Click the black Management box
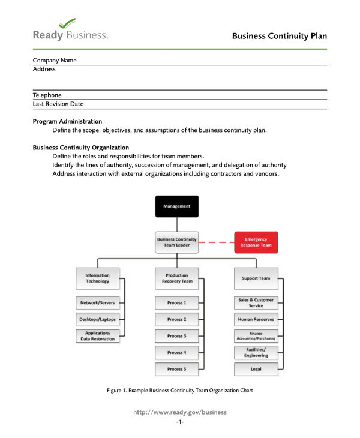[x=176, y=206]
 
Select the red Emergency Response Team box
[x=256, y=242]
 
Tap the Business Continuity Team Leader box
[x=176, y=242]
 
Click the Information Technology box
[x=97, y=278]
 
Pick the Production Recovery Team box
[x=176, y=278]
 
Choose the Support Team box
[x=256, y=278]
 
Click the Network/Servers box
[x=97, y=303]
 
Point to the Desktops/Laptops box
[x=97, y=319]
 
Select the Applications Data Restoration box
[x=97, y=336]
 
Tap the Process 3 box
[x=176, y=336]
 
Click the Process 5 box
[x=176, y=369]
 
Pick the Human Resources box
[x=256, y=319]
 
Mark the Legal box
[x=256, y=369]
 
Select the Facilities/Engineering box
[x=256, y=352]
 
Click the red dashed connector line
[x=216, y=242]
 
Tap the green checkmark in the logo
[x=68, y=23]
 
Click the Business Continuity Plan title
[x=280, y=36]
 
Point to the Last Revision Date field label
[x=58, y=104]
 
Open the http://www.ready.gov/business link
[x=180, y=412]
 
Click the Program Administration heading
[x=67, y=121]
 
